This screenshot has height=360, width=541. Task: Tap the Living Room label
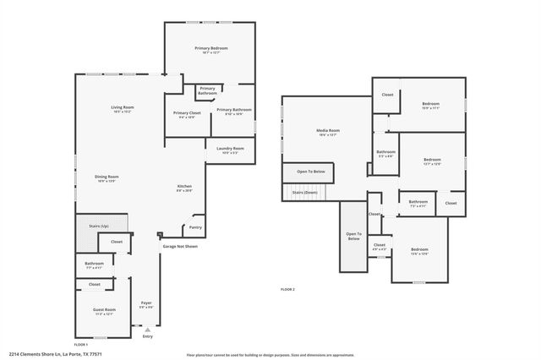point(123,107)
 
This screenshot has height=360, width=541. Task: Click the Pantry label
point(195,227)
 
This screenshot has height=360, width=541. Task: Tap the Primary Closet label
point(187,113)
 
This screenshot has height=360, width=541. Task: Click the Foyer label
point(145,302)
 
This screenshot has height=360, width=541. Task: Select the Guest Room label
point(105,309)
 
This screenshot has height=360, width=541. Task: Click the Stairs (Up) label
point(99,226)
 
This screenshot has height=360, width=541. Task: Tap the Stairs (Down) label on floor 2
point(304,193)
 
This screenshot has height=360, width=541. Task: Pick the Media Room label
point(328,130)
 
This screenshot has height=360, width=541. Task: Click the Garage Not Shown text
point(179,247)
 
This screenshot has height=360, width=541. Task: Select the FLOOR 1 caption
point(81,345)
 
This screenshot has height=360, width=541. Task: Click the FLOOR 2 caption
point(287,289)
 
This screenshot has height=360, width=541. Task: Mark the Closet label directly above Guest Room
point(95,285)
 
